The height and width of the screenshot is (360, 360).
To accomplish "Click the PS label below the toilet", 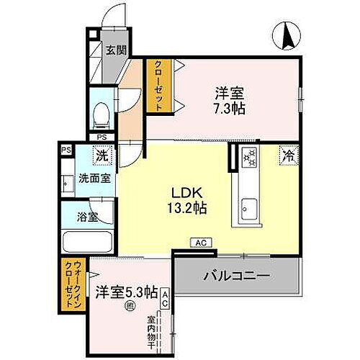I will (101, 137).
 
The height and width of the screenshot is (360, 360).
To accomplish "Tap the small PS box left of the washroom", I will (66, 150).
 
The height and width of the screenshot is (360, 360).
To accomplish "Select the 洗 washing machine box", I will (102, 153).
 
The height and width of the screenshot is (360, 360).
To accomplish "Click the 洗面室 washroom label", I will (94, 179).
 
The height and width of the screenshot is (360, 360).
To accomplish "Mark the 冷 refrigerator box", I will (287, 154).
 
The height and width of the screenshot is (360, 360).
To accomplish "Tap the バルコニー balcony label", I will (235, 276).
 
